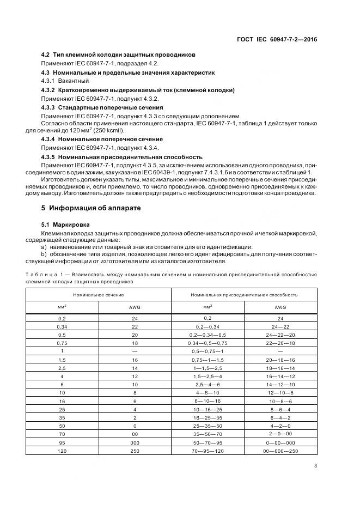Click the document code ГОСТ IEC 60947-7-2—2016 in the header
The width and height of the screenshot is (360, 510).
pos(277,39)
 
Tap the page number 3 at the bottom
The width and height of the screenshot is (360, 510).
pos(315,465)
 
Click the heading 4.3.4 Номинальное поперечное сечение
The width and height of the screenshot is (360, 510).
pos(102,139)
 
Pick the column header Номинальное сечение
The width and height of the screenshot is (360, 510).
pos(99,294)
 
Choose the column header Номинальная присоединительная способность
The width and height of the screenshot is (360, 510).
pos(244,294)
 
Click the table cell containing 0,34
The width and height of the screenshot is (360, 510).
pos(62,326)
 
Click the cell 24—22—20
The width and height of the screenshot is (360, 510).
pos(280,335)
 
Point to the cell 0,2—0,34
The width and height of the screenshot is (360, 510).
pos(208,326)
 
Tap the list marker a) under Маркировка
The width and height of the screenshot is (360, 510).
pos(44,247)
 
